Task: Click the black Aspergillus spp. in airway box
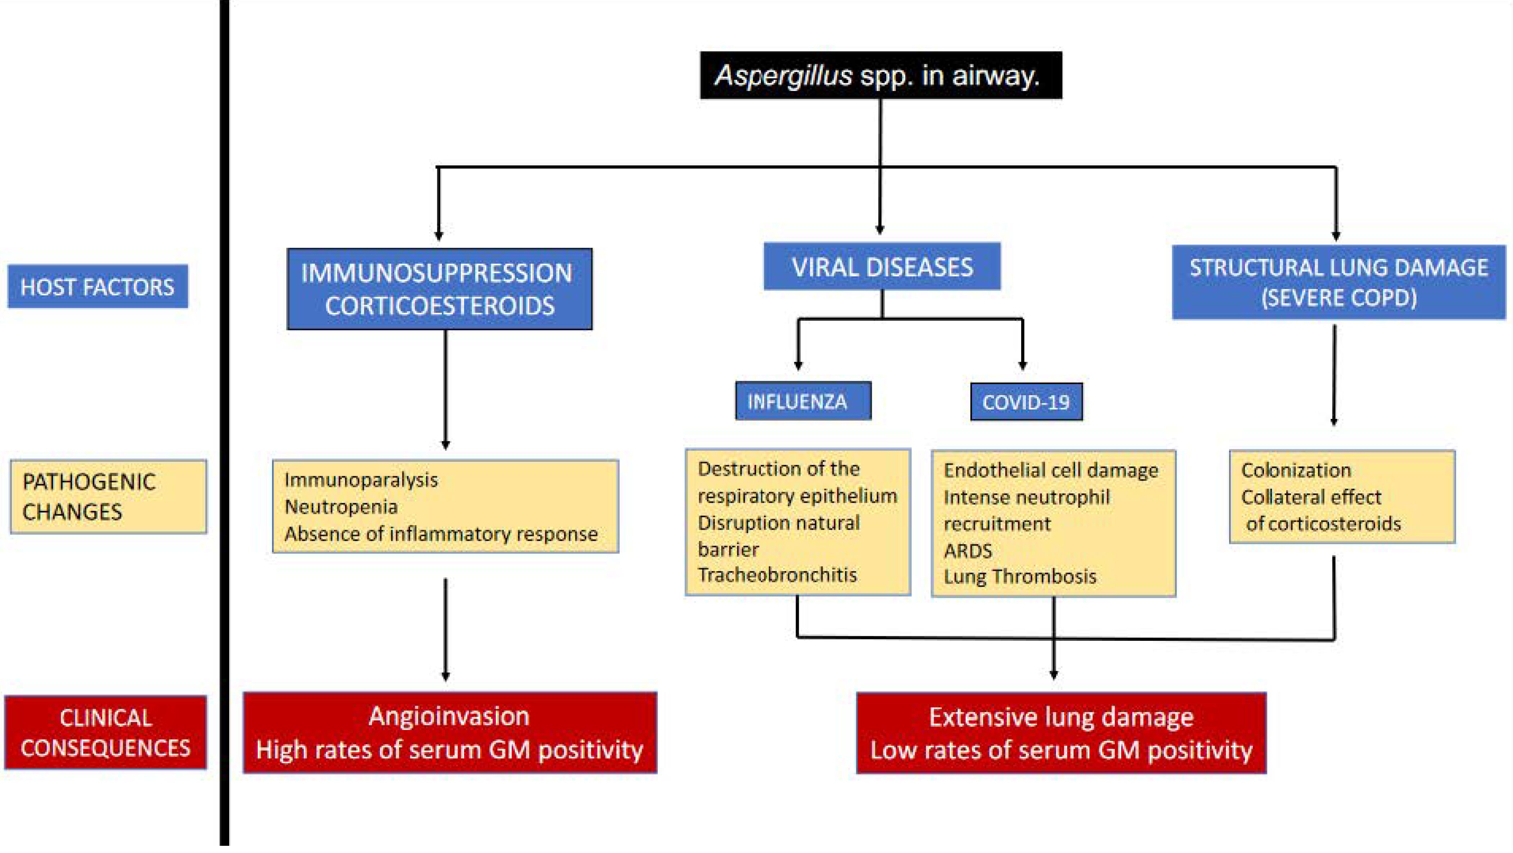[x=880, y=75]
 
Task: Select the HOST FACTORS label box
[x=98, y=287]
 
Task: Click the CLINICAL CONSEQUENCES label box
[x=106, y=733]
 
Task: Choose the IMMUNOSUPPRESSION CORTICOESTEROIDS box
[x=439, y=289]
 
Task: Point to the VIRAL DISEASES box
[x=882, y=267]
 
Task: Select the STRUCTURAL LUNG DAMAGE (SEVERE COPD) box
[x=1338, y=282]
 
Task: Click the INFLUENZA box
[x=803, y=402]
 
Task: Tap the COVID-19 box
[x=1026, y=402]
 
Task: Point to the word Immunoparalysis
[x=361, y=480]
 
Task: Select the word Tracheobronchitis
[x=777, y=575]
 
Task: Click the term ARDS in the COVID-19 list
[x=968, y=551]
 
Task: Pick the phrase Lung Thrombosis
[x=1020, y=576]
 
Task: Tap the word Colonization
[x=1296, y=470]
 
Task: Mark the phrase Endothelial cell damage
[x=1051, y=470]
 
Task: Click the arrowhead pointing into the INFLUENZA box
[x=798, y=365]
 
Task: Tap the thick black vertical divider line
[x=225, y=423]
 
